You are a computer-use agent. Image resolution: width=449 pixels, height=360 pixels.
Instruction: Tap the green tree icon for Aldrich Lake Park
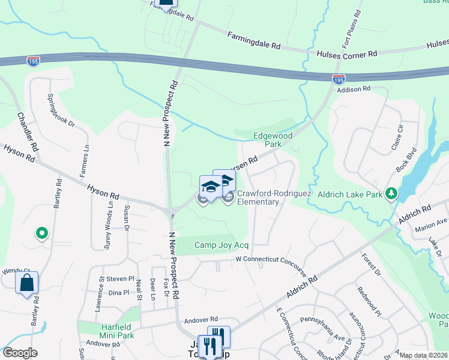391,193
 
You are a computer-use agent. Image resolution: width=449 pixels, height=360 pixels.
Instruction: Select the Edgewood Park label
273,140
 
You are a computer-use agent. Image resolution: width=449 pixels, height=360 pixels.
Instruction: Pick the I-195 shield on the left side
34,61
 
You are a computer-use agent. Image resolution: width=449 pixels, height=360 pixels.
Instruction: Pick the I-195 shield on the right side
339,79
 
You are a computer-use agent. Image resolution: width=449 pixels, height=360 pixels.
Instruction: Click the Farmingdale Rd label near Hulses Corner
254,41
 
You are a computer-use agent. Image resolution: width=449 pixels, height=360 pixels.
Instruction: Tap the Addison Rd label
354,89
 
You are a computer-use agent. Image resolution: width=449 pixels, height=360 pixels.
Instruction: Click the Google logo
20,353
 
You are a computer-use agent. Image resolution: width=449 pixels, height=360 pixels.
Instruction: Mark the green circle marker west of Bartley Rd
42,233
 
